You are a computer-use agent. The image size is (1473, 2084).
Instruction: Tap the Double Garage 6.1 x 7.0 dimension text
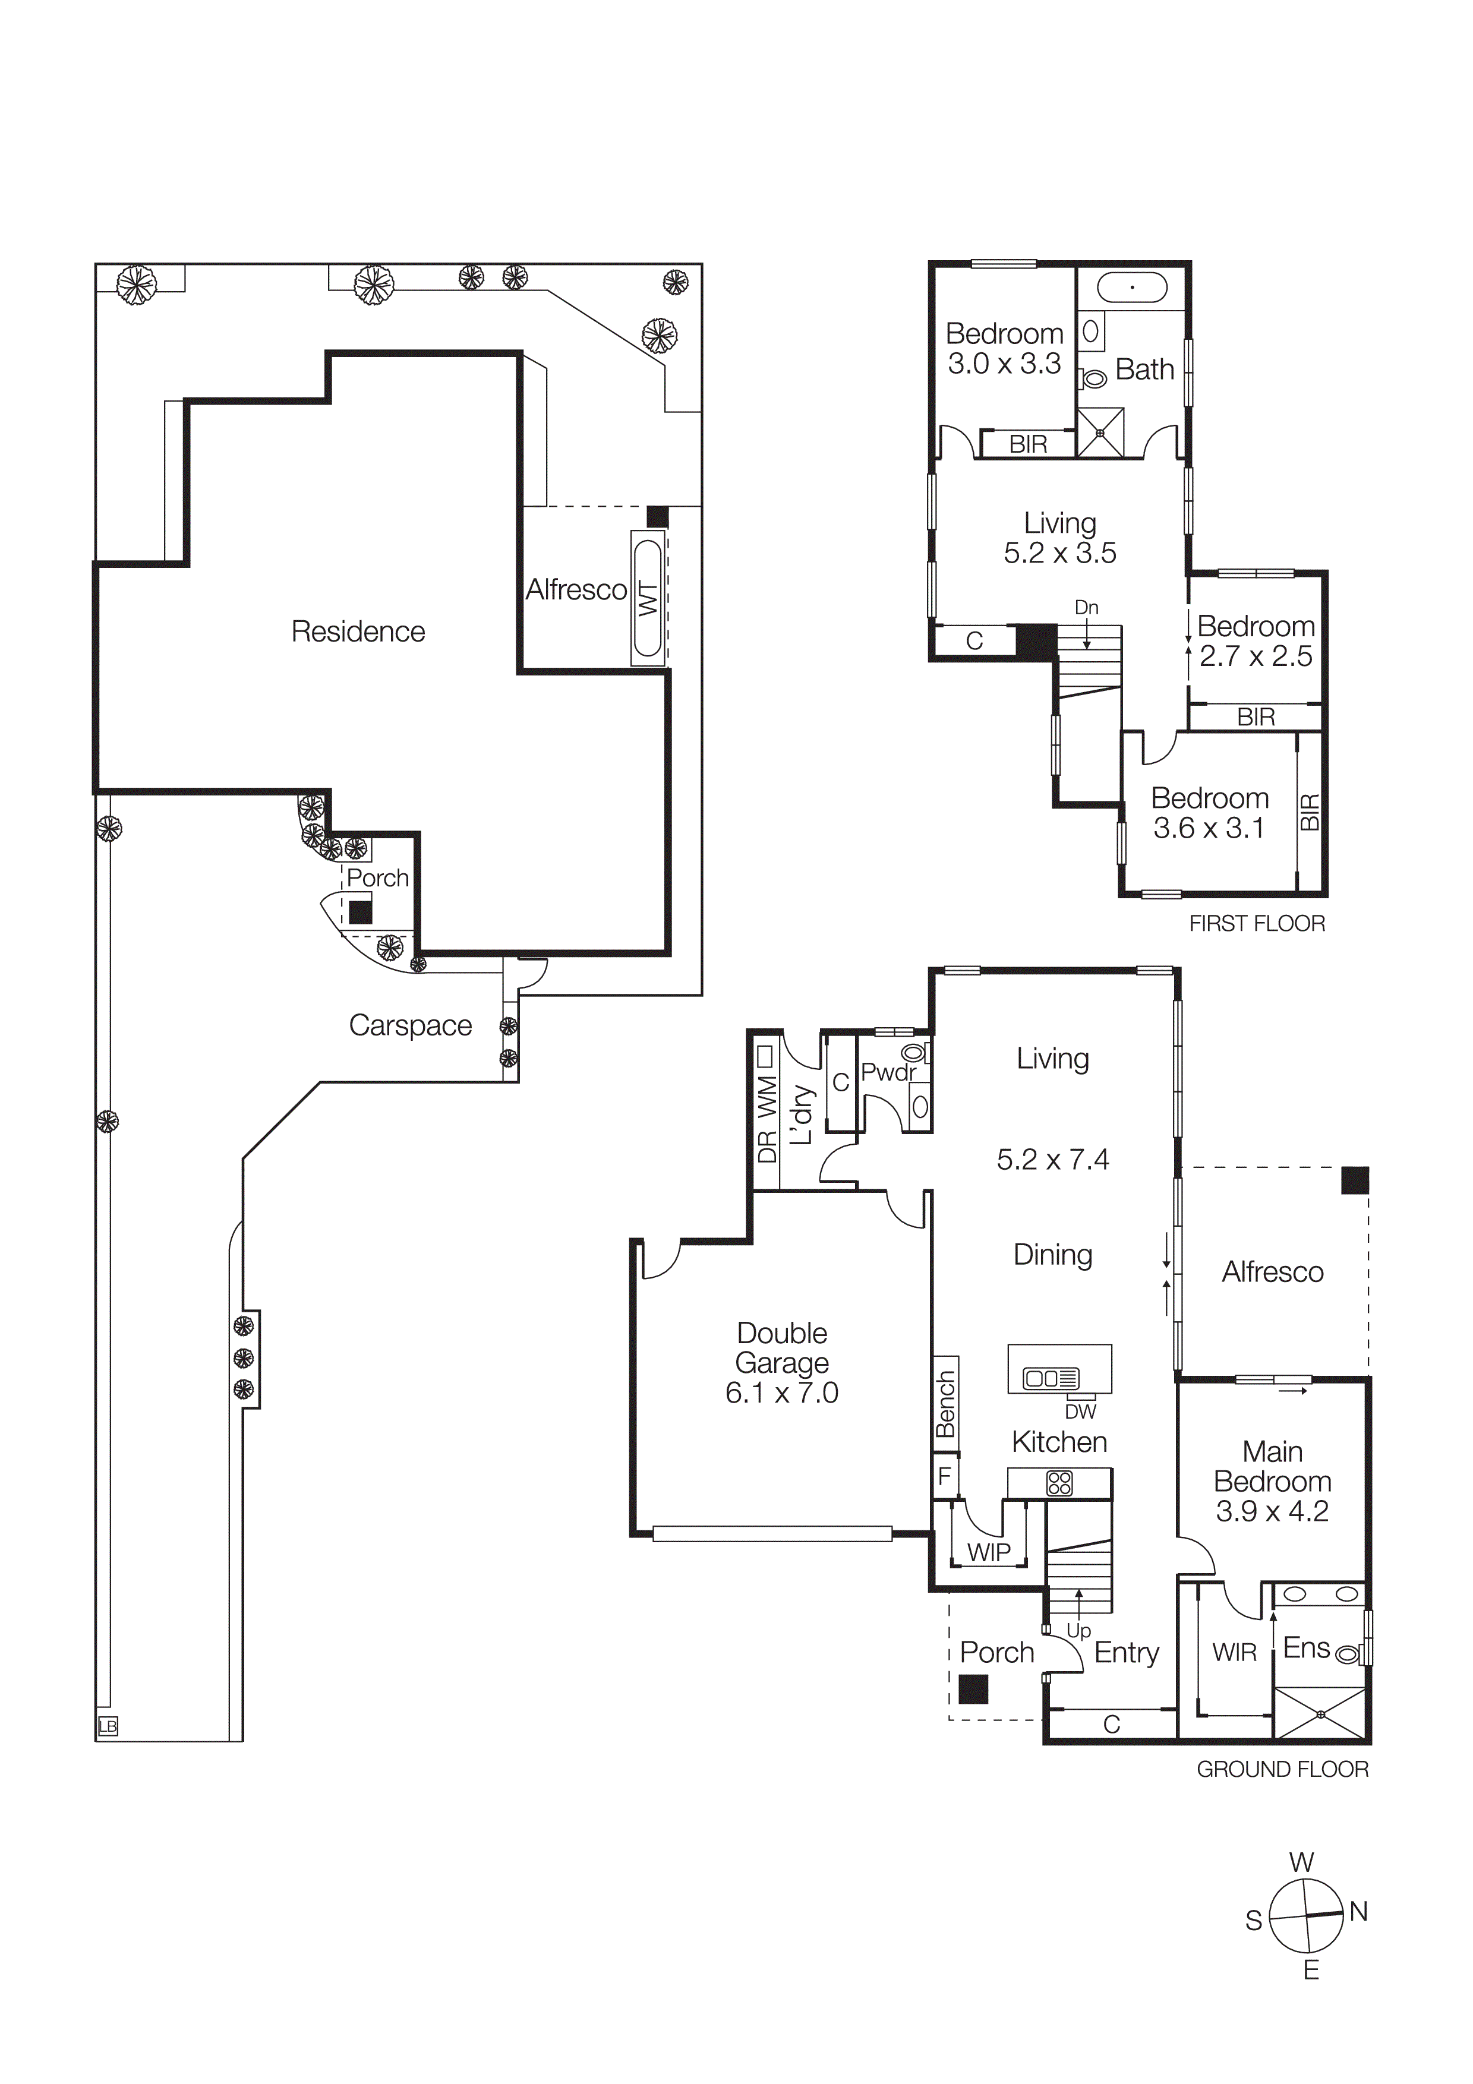click(x=781, y=1393)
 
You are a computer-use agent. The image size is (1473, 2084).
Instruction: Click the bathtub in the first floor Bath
click(x=1132, y=288)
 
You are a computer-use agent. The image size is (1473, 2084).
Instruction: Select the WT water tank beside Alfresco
click(x=649, y=599)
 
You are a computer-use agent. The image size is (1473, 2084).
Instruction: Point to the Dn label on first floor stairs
click(x=1086, y=607)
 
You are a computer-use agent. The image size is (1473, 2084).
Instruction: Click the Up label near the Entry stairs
click(x=1078, y=1630)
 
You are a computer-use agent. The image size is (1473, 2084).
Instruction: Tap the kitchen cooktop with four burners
click(x=1059, y=1483)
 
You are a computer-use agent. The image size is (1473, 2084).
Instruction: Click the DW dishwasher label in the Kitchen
click(x=1080, y=1412)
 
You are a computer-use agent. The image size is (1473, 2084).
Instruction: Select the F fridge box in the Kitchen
click(x=945, y=1476)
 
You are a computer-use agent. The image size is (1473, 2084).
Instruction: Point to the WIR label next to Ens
click(x=1234, y=1652)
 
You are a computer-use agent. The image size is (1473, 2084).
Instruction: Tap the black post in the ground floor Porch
click(x=973, y=1689)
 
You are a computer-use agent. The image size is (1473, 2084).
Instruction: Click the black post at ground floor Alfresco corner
click(x=1355, y=1180)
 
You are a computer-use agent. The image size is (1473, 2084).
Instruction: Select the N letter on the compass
click(x=1359, y=1912)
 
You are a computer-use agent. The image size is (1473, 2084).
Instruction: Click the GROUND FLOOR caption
click(x=1282, y=1769)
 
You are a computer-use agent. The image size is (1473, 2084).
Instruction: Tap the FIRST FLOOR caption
click(x=1257, y=923)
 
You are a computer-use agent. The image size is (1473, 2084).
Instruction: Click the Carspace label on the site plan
click(x=410, y=1025)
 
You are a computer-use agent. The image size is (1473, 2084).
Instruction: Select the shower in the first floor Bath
click(x=1100, y=432)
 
